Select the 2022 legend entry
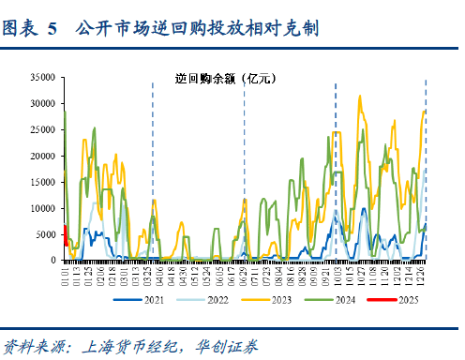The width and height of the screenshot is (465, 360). click(x=203, y=300)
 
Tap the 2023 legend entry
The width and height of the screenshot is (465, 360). click(x=267, y=300)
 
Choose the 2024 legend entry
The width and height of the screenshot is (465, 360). click(x=331, y=300)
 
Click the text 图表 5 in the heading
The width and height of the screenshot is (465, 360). click(x=30, y=30)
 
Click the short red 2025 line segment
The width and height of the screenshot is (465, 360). click(x=65, y=235)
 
